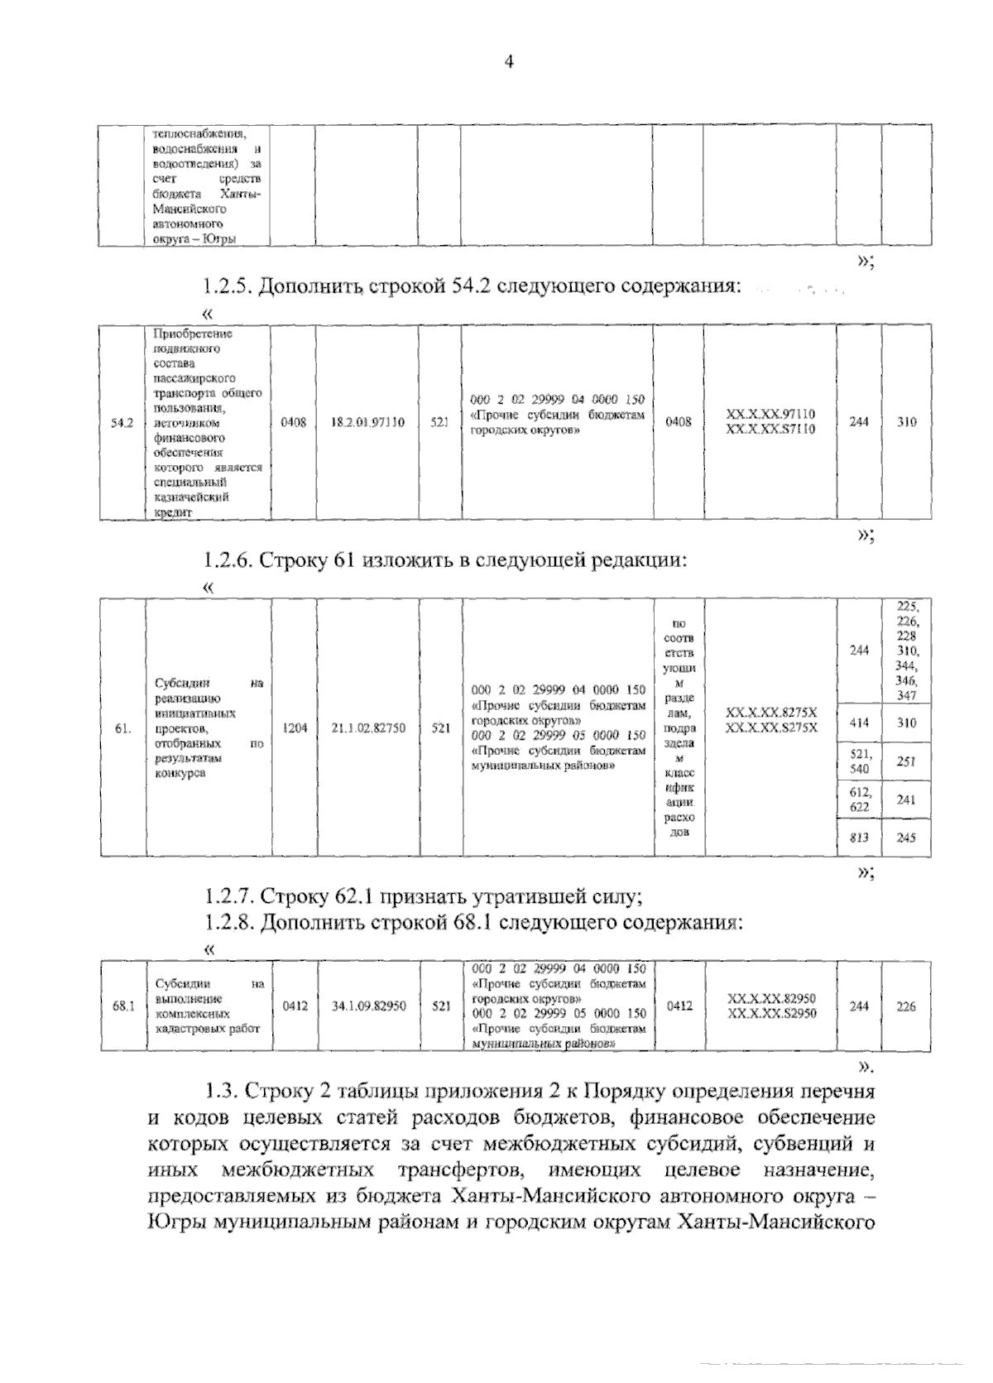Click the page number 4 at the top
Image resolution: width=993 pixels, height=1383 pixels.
(509, 62)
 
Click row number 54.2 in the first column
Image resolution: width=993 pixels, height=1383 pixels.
(122, 423)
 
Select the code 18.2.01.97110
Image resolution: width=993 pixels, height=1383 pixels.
(368, 422)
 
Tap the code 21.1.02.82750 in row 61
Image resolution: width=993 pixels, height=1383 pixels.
(368, 728)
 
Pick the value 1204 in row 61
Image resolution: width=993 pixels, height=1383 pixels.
(295, 728)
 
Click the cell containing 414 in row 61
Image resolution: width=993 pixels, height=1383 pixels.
(859, 723)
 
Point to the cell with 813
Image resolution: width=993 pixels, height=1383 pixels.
(859, 838)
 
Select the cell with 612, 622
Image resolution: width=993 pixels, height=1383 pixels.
(859, 799)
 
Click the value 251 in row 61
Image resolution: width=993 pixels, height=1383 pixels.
(906, 761)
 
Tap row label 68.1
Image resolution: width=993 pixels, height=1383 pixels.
(122, 1006)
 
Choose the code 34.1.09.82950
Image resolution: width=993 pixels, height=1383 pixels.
(368, 1006)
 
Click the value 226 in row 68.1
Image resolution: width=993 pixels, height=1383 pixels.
(906, 1006)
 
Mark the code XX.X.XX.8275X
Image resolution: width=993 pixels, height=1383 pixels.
(770, 712)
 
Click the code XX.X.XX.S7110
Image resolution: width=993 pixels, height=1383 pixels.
(770, 430)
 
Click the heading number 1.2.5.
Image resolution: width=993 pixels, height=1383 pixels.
(228, 287)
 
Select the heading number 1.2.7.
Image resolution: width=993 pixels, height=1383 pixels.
(228, 896)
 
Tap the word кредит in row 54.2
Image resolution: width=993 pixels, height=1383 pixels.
(172, 513)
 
